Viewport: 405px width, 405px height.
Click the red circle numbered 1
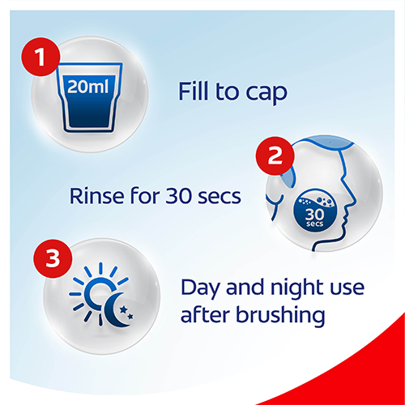tap(40, 57)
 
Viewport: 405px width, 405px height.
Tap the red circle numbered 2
tap(275, 156)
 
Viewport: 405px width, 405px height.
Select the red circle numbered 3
tap(53, 258)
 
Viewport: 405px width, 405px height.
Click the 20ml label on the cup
tap(88, 87)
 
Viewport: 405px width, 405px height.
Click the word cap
tap(266, 94)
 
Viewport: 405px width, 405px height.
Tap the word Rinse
tap(96, 196)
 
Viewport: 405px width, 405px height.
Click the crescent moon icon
tap(116, 309)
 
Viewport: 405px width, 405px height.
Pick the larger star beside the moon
tap(124, 309)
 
